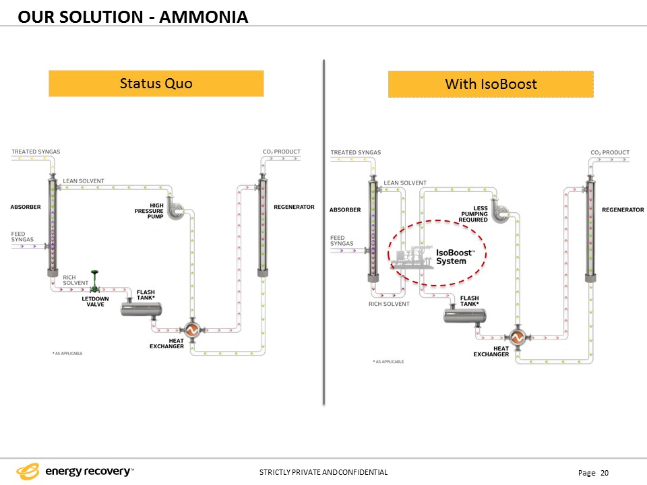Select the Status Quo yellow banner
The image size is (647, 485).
click(x=156, y=84)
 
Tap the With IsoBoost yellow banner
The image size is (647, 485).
click(x=491, y=84)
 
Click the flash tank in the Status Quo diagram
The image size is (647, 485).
click(x=141, y=309)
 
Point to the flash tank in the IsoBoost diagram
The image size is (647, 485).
click(x=464, y=316)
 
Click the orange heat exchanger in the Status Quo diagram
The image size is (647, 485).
click(x=192, y=329)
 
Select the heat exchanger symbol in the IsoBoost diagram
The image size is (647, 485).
click(x=517, y=337)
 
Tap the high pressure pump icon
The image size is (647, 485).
click(x=176, y=211)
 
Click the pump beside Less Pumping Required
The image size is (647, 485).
click(x=501, y=214)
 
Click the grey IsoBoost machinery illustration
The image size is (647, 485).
click(x=412, y=257)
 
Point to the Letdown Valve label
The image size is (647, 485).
click(x=95, y=302)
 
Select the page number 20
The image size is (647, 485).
click(x=605, y=473)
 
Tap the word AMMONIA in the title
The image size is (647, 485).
click(x=204, y=18)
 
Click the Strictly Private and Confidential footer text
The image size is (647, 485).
click(x=323, y=472)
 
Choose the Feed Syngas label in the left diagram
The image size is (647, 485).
click(x=22, y=236)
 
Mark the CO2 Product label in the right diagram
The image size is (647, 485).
click(x=610, y=153)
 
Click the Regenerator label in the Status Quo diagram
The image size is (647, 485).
click(x=295, y=207)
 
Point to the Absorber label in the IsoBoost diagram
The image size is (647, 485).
click(x=345, y=210)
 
